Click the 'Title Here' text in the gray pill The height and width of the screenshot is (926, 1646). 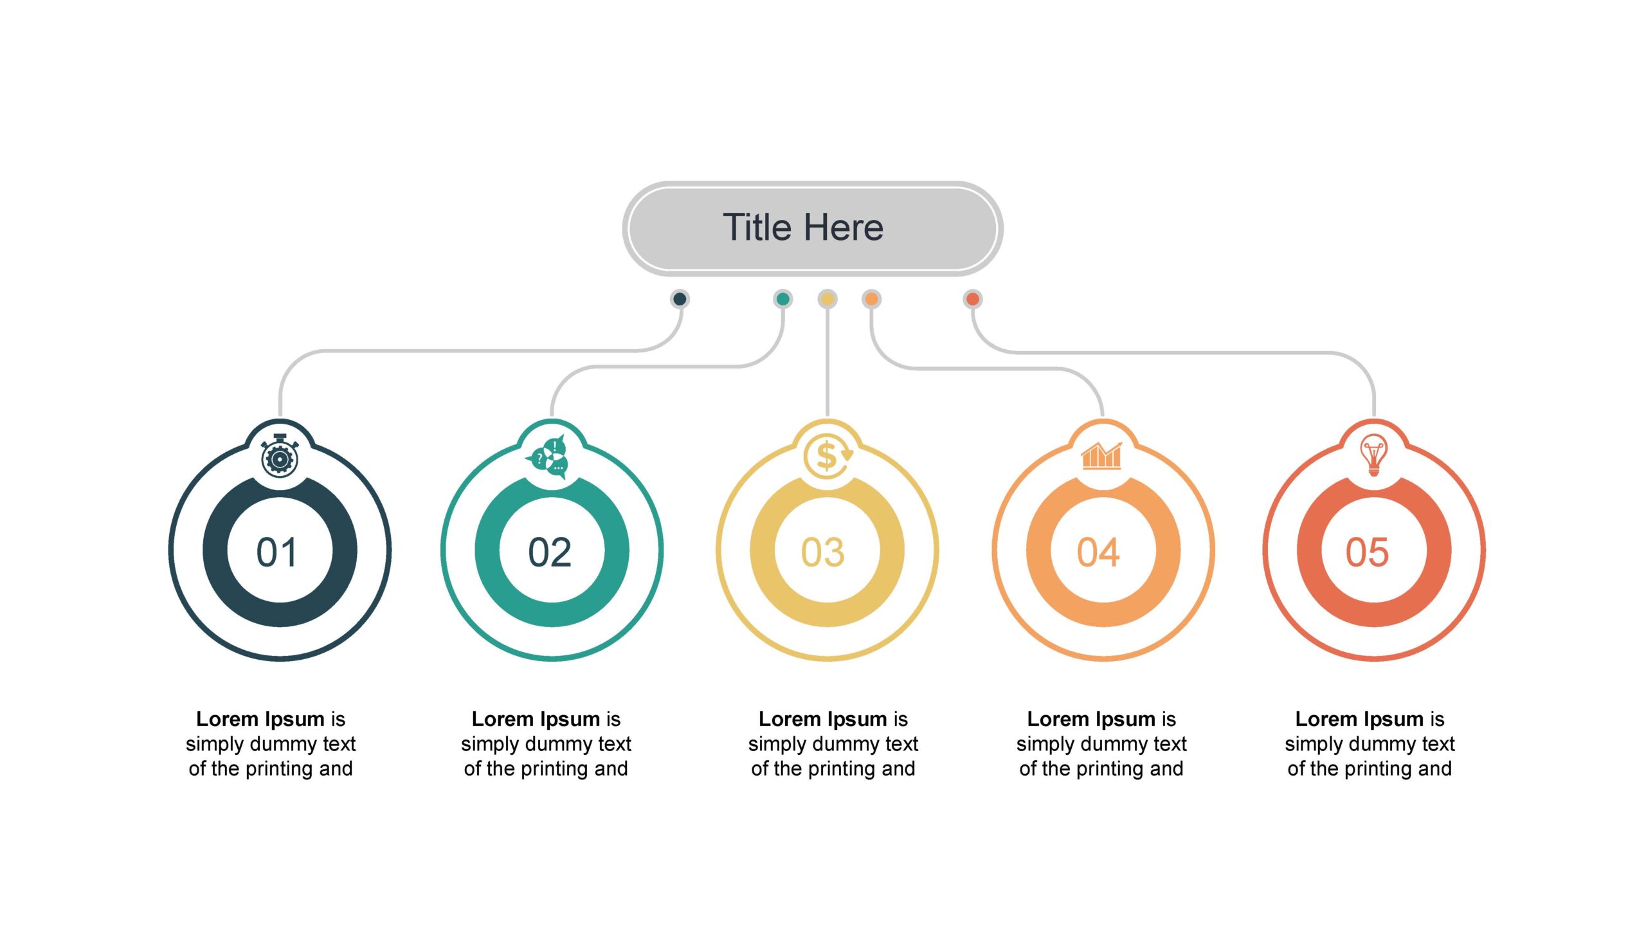click(803, 227)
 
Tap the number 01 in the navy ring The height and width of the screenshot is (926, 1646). click(276, 552)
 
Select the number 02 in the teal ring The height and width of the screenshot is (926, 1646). click(550, 552)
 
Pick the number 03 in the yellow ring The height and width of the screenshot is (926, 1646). click(823, 552)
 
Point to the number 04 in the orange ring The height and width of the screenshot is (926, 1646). click(1098, 552)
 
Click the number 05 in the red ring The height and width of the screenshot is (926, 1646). click(1368, 552)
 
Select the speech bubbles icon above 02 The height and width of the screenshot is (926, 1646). click(547, 457)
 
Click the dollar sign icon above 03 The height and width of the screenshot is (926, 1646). click(828, 456)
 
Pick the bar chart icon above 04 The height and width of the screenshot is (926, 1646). click(1101, 455)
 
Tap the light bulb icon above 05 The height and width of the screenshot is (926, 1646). click(1373, 455)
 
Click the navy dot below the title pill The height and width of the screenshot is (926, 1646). click(680, 298)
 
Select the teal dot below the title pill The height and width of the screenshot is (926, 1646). click(782, 298)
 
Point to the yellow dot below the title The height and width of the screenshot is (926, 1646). click(828, 298)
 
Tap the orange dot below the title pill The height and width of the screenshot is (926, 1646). click(871, 298)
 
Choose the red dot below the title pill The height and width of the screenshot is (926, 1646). click(973, 298)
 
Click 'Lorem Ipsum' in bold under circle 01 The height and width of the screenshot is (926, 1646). click(260, 720)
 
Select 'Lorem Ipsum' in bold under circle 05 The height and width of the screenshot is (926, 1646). click(1360, 720)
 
